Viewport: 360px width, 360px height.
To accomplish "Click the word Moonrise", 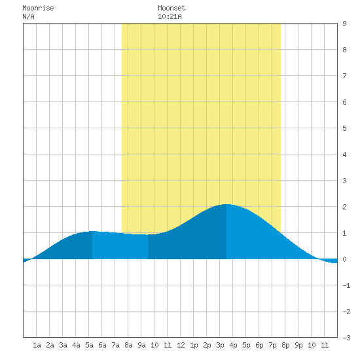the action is pyautogui.click(x=38, y=8).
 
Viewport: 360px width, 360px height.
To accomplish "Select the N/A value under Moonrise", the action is pyautogui.click(x=28, y=16).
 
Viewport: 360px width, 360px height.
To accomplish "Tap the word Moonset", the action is pyautogui.click(x=171, y=8).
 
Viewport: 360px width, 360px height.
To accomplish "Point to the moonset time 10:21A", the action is pyautogui.click(x=170, y=16).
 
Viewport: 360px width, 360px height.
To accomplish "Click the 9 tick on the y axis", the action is pyautogui.click(x=344, y=24).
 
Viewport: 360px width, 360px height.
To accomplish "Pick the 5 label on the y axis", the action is pyautogui.click(x=344, y=128).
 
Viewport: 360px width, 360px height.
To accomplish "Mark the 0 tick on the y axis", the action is pyautogui.click(x=344, y=259).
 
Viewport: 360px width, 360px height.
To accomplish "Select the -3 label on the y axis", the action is pyautogui.click(x=346, y=338).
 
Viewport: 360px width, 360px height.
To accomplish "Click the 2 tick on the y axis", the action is pyautogui.click(x=344, y=207).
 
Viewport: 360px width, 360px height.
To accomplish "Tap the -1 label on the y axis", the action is pyautogui.click(x=346, y=285).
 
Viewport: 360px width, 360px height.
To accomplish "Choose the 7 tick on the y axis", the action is pyautogui.click(x=344, y=76).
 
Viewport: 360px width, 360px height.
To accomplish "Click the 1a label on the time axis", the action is pyautogui.click(x=37, y=345).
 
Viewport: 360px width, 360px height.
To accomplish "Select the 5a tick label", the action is pyautogui.click(x=89, y=345).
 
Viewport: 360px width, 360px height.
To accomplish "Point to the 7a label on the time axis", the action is pyautogui.click(x=115, y=345).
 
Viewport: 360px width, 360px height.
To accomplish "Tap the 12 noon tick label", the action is pyautogui.click(x=181, y=345).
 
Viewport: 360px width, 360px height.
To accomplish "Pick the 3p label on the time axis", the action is pyautogui.click(x=220, y=345).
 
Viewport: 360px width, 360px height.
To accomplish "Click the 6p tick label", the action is pyautogui.click(x=259, y=345).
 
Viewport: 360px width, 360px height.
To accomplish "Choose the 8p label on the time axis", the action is pyautogui.click(x=285, y=345).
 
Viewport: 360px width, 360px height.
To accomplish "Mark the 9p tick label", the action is pyautogui.click(x=298, y=345).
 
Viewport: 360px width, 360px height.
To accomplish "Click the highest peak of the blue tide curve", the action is pyautogui.click(x=226, y=204).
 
